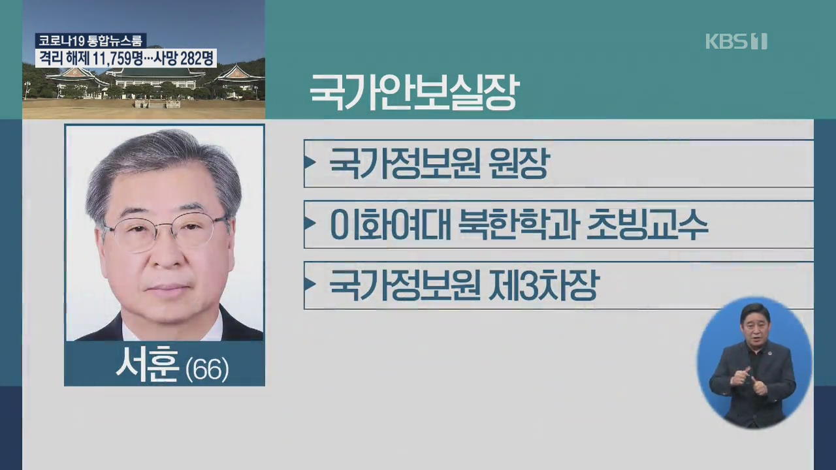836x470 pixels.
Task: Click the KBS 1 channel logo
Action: click(x=736, y=41)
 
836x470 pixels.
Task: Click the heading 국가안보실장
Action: click(x=414, y=92)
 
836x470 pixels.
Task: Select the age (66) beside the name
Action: click(x=207, y=369)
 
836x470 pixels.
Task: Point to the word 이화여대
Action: click(x=391, y=224)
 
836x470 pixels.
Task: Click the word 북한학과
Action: click(x=519, y=224)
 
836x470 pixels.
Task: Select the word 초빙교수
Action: click(x=647, y=224)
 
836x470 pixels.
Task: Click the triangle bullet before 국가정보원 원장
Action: click(x=310, y=163)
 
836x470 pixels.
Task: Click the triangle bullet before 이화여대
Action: click(x=310, y=223)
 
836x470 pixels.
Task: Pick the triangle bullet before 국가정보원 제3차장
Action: click(x=310, y=284)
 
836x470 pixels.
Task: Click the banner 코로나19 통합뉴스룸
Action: click(x=91, y=40)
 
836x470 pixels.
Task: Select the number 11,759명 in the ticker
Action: click(x=108, y=58)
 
